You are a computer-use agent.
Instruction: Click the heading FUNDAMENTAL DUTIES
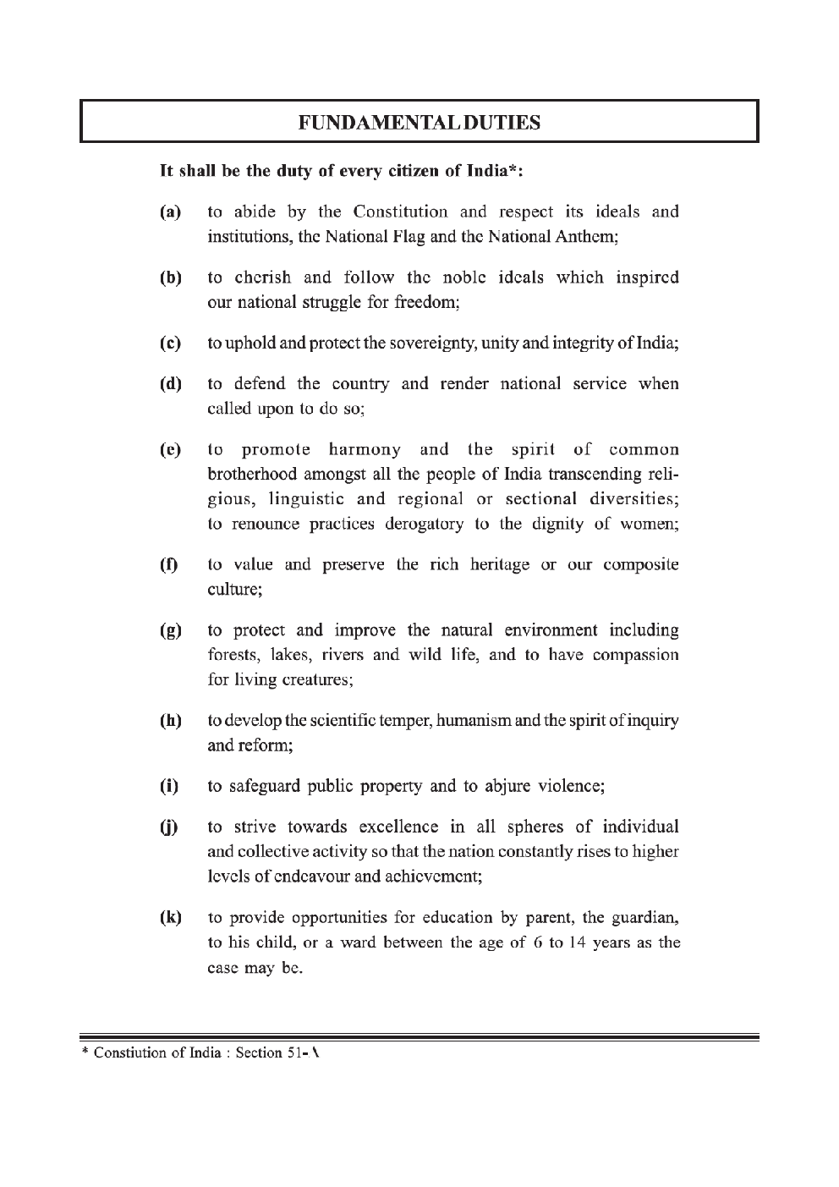click(x=419, y=123)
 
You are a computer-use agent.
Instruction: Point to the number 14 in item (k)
click(x=577, y=942)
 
